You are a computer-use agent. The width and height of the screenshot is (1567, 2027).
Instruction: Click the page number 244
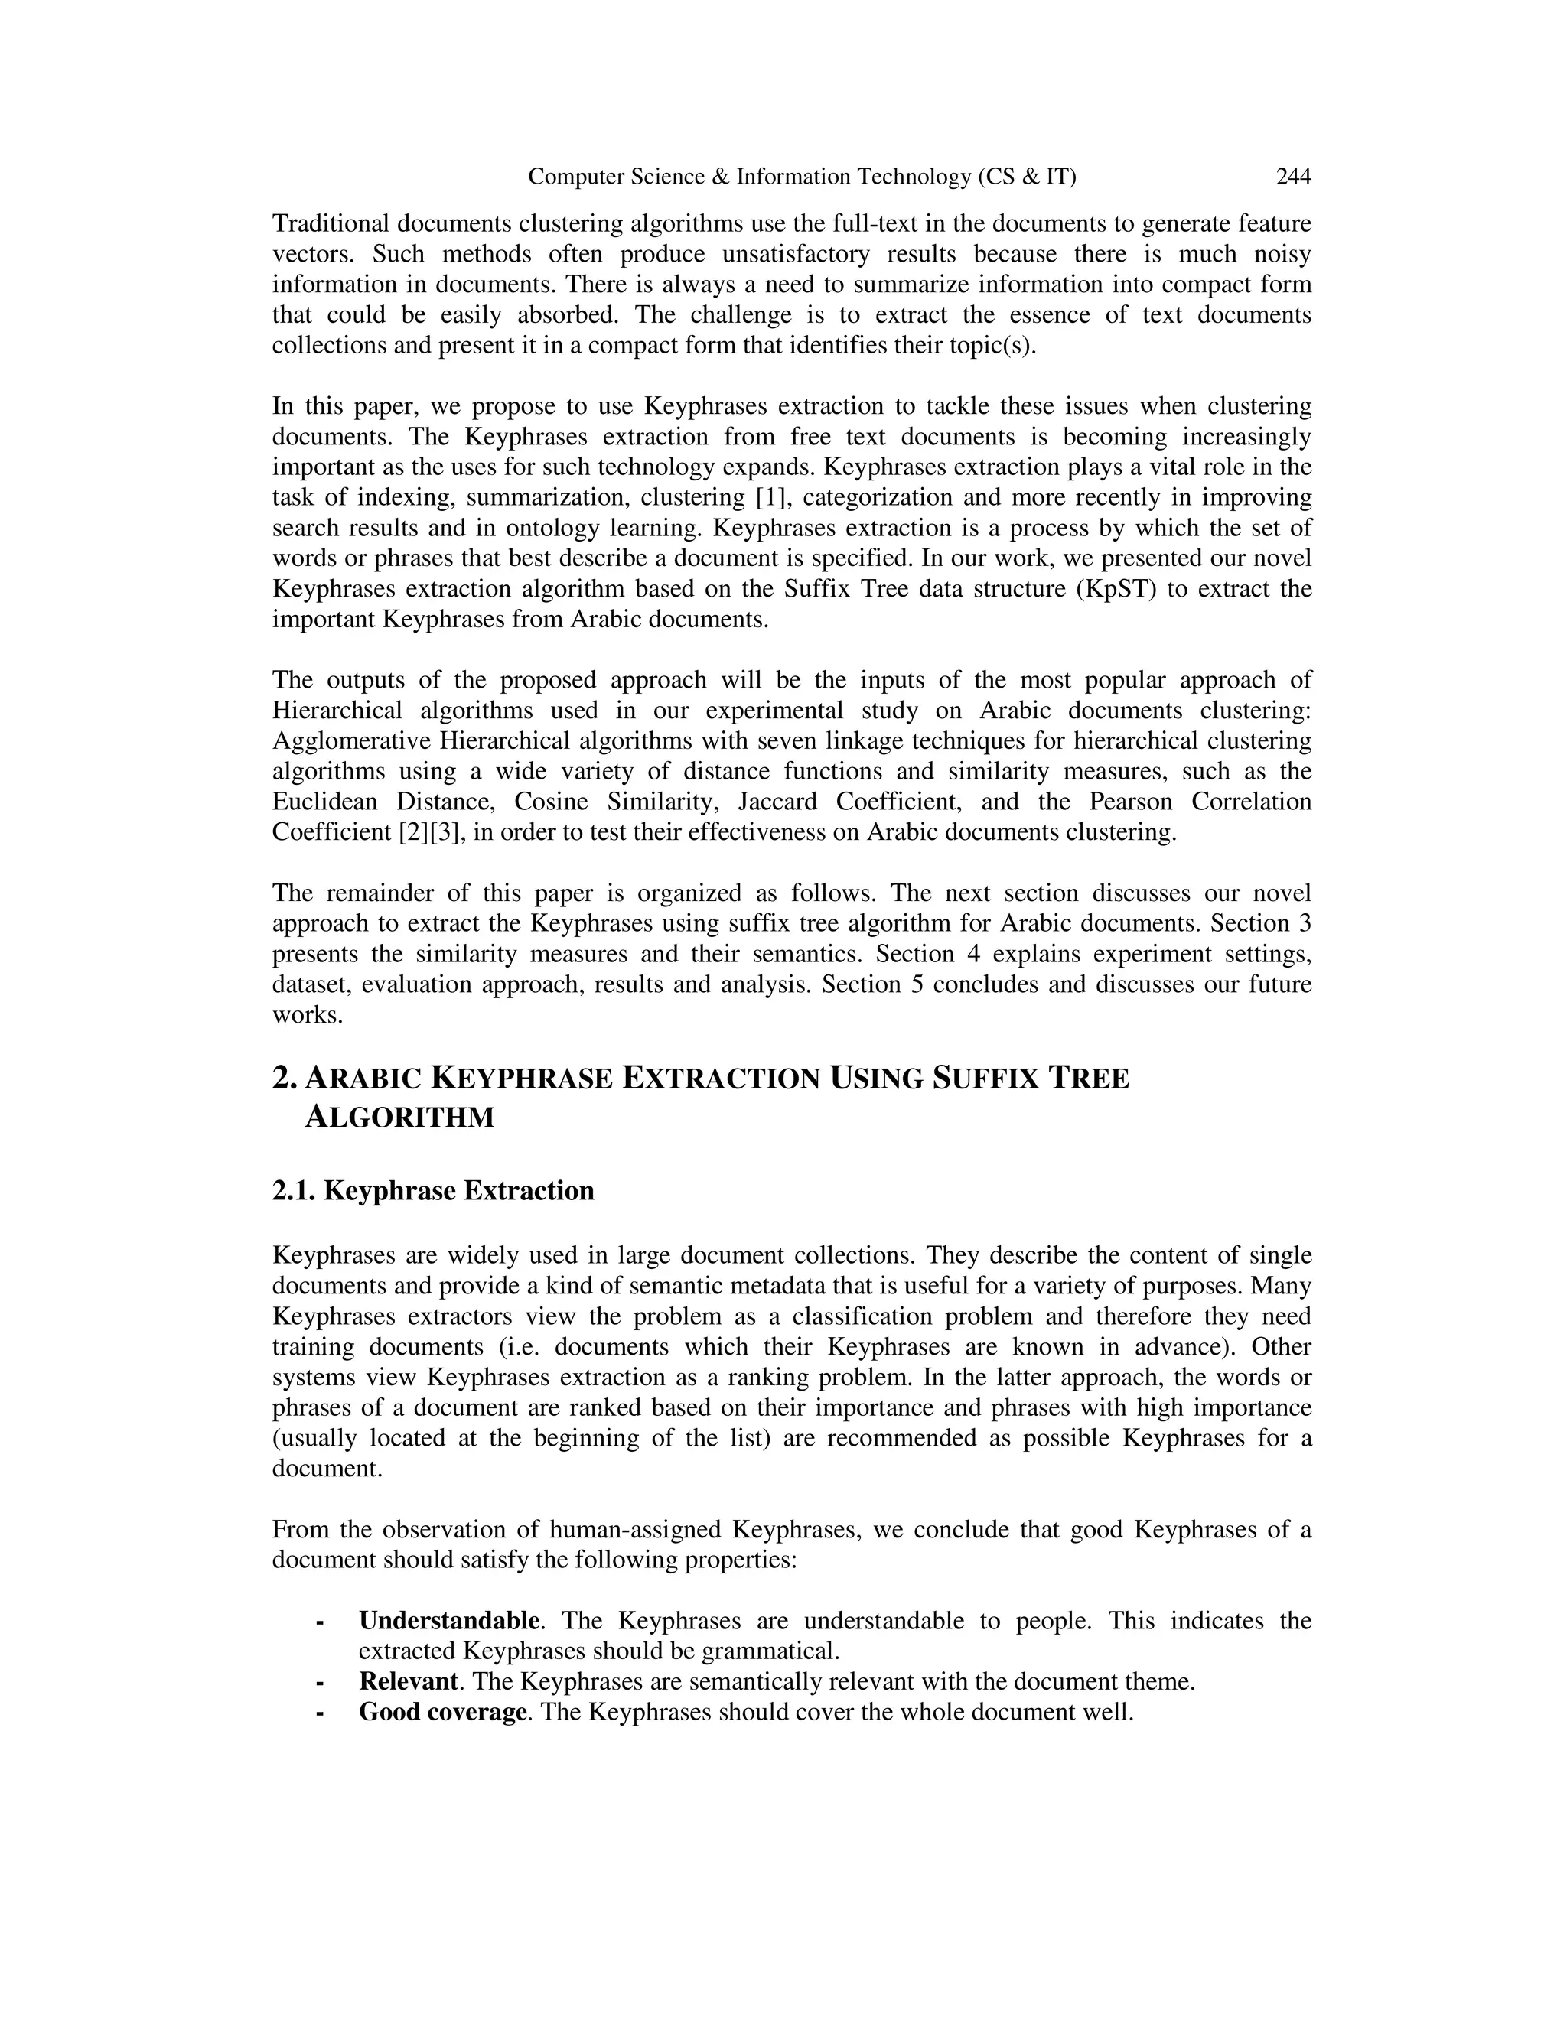pos(1293,177)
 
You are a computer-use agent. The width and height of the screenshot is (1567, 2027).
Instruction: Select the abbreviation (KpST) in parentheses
pos(1119,588)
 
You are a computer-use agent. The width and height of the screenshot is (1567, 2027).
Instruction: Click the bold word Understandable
pos(449,1621)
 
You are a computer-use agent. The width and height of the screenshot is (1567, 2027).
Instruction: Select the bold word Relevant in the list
pos(409,1680)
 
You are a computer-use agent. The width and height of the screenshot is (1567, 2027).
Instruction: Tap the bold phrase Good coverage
pos(443,1711)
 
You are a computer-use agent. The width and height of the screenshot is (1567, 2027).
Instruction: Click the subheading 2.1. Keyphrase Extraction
pos(432,1191)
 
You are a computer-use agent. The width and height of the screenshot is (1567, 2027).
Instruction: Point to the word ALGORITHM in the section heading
pos(399,1118)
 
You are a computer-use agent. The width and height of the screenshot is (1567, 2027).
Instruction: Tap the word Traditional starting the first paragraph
pos(331,223)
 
